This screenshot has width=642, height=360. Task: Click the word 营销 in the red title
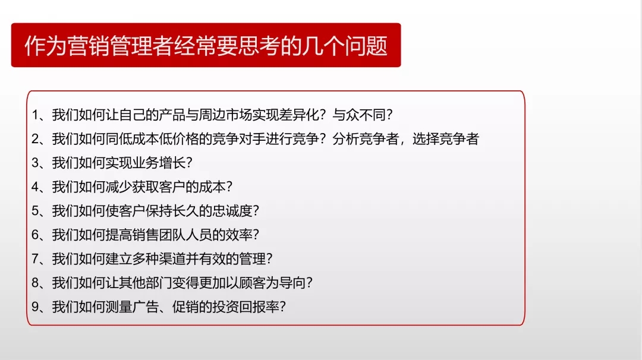(x=88, y=45)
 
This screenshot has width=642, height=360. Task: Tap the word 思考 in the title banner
(x=259, y=45)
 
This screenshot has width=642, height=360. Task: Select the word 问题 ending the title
(x=366, y=45)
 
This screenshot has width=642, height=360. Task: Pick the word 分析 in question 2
(x=345, y=139)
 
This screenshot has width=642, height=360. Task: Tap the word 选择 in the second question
(x=426, y=139)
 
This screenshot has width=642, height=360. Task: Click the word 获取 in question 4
(x=145, y=187)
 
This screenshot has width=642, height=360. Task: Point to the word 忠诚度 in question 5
(x=232, y=211)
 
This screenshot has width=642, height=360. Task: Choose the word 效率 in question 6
(x=238, y=235)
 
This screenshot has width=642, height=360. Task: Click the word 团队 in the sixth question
(x=172, y=235)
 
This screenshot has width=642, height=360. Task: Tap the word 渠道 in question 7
(x=172, y=258)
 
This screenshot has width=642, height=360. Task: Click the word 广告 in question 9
(x=145, y=307)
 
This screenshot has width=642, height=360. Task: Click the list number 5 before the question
(x=35, y=211)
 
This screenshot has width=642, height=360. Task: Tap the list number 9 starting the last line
(x=35, y=307)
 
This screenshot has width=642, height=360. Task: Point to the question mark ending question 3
(x=189, y=163)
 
